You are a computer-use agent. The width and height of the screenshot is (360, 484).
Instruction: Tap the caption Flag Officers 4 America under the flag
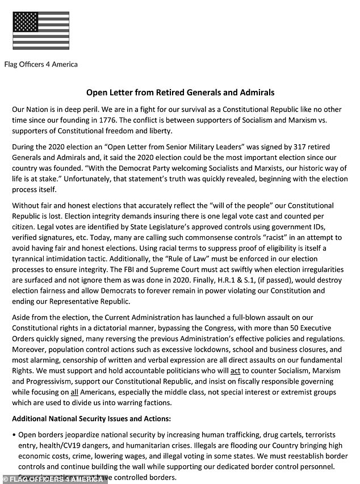pyautogui.click(x=41, y=64)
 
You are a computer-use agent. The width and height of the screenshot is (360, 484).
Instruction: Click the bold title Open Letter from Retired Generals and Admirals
pyautogui.click(x=179, y=92)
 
